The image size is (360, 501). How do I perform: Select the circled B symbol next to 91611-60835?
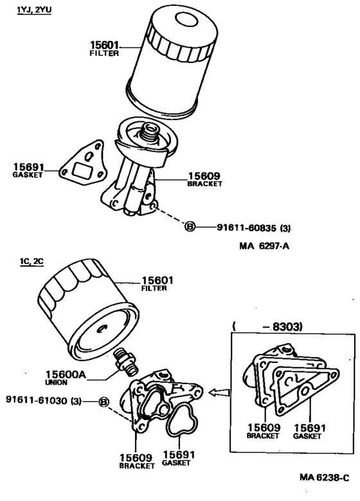tap(190, 227)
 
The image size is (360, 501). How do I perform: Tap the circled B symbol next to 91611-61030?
tap(104, 402)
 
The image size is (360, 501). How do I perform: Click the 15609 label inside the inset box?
tap(263, 426)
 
